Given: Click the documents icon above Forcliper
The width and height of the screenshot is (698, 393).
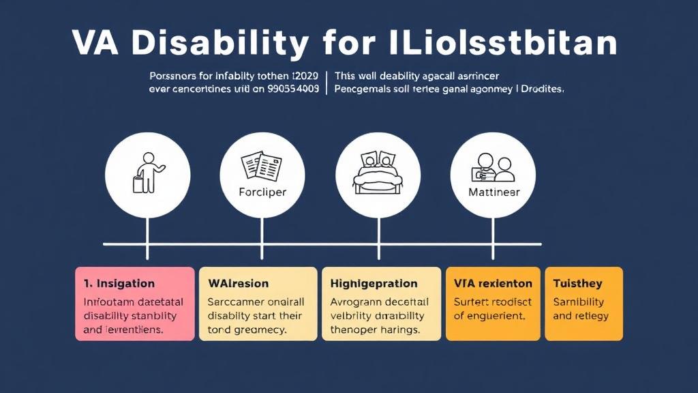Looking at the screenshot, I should tap(262, 166).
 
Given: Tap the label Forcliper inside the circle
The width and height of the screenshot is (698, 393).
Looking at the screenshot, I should tap(262, 192).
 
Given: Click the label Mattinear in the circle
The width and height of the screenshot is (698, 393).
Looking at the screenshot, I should tap(494, 192).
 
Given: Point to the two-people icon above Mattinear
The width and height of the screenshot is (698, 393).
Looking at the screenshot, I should tap(494, 166).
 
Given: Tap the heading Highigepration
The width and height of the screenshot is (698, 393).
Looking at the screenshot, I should tap(374, 283).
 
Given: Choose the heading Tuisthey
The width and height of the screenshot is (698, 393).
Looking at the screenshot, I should tap(577, 283).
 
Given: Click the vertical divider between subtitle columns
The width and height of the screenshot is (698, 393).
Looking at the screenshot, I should tap(327, 82).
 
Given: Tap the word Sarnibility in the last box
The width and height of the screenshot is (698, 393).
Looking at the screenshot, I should tap(579, 302).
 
